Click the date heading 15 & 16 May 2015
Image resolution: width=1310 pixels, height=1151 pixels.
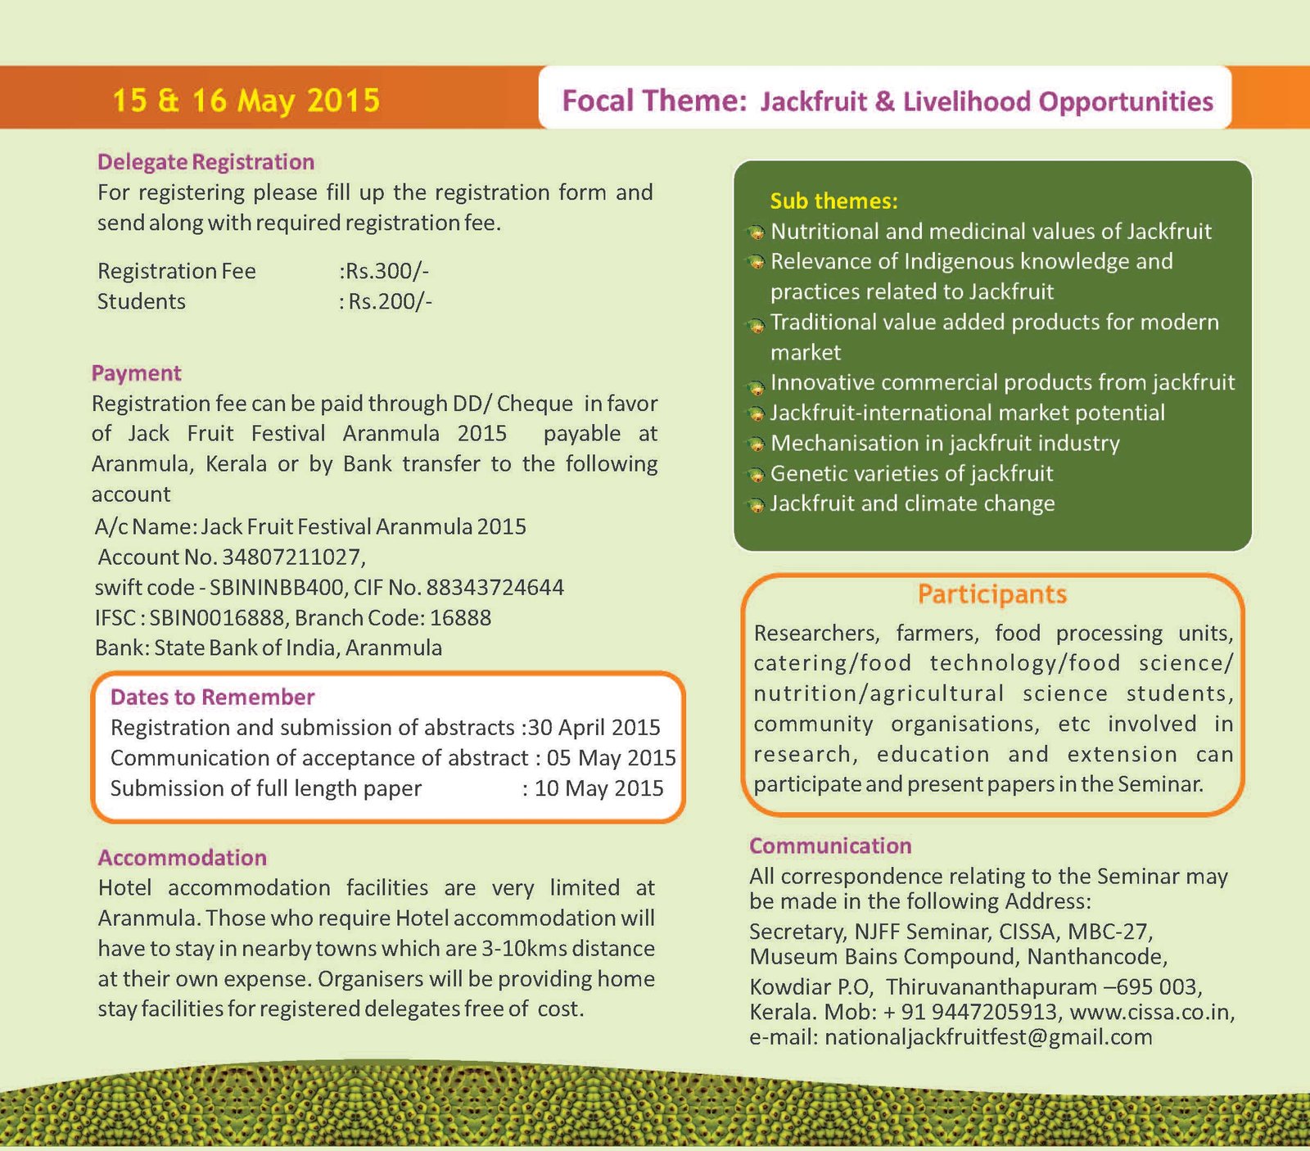click(246, 100)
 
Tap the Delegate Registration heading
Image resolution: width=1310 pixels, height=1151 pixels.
click(206, 162)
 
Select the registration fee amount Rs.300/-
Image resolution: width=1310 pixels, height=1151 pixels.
click(385, 271)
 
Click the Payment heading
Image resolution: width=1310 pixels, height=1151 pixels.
click(136, 373)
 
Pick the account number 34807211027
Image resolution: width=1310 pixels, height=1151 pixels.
click(291, 557)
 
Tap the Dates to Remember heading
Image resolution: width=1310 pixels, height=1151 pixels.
click(212, 697)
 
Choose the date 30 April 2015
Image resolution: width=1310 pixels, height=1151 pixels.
click(593, 728)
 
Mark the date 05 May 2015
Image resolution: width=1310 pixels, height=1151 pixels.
click(611, 758)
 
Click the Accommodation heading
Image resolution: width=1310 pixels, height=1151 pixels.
click(182, 858)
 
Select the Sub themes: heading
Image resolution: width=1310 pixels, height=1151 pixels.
click(833, 201)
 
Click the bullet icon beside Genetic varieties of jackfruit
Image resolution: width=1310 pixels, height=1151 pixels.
click(757, 475)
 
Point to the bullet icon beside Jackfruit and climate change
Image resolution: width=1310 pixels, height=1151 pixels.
click(757, 505)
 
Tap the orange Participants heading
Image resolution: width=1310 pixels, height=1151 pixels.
click(992, 594)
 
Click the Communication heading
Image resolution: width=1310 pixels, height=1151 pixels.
click(830, 846)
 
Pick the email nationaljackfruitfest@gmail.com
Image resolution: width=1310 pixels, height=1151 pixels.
click(988, 1037)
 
